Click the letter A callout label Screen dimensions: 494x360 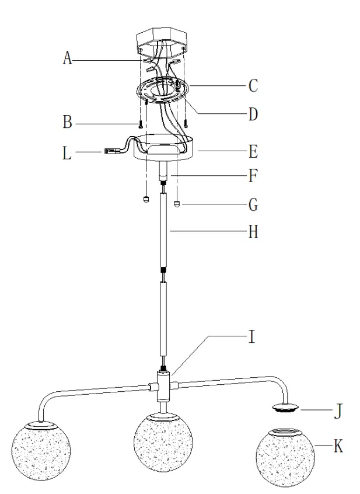point(67,58)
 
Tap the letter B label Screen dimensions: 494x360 point(67,123)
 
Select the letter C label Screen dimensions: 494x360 point(253,86)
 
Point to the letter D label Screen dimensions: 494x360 point(253,114)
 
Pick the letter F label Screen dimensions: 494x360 point(253,175)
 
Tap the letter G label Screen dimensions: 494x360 point(253,205)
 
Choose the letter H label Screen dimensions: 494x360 point(253,232)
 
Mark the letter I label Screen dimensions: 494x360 point(252,338)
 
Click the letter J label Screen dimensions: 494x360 point(338,411)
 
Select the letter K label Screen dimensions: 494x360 point(338,447)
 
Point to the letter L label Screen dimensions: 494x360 point(67,155)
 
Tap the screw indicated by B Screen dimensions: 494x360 point(140,124)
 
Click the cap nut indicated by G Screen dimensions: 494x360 point(177,204)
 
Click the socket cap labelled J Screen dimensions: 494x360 point(285,407)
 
